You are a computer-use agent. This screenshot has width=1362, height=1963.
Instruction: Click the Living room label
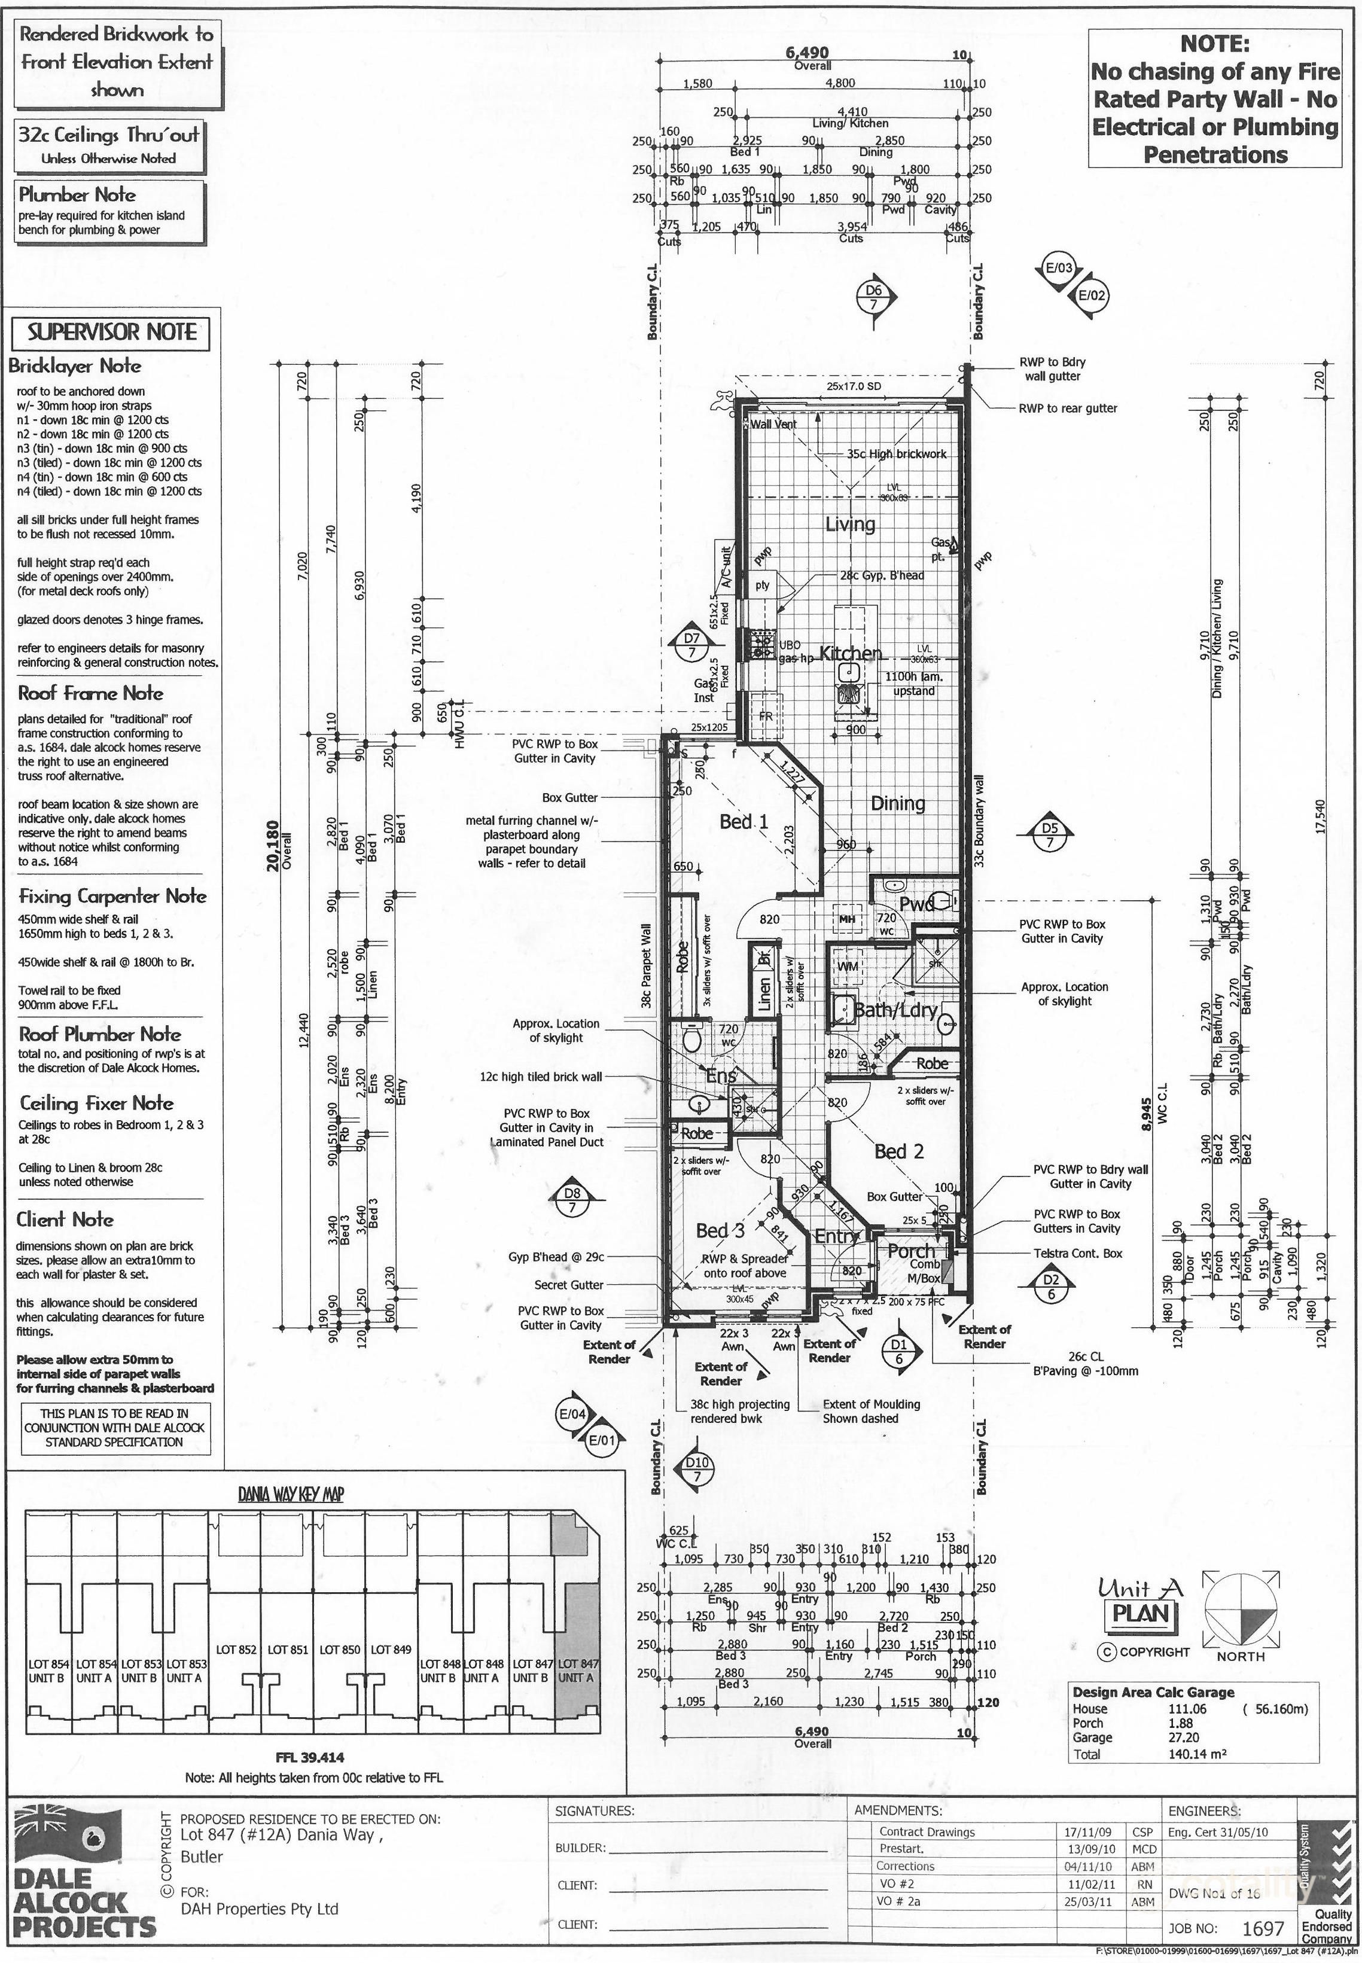coord(849,524)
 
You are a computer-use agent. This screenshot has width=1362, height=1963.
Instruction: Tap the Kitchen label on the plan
coord(850,654)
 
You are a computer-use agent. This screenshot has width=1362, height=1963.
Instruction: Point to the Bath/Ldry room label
coord(895,1010)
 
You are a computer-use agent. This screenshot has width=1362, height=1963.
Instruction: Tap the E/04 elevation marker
coord(572,1415)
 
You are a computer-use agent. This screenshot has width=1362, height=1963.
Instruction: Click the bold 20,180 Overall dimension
coord(273,845)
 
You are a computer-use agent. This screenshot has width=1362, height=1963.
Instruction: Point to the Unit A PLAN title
coord(1140,1601)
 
